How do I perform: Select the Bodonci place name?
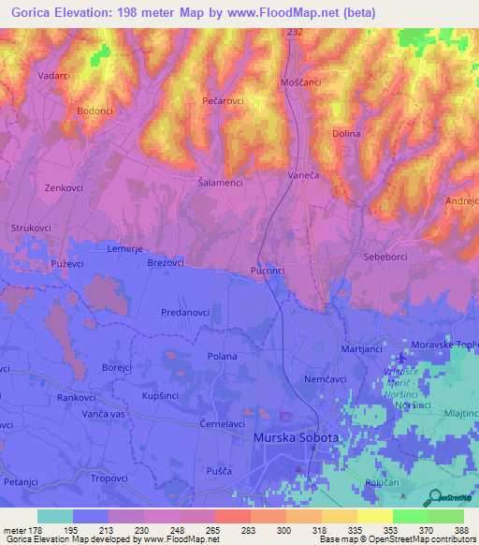94,110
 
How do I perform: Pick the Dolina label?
346,134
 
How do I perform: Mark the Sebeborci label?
386,256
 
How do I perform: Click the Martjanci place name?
361,349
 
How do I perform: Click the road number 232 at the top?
296,33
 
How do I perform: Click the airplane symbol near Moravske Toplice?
402,357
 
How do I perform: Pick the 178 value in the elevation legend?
37,529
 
